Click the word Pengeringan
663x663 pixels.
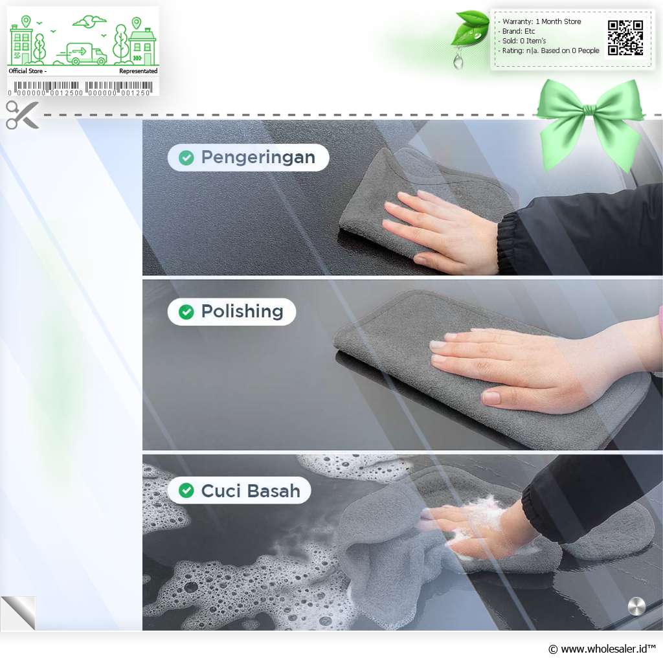tap(258, 158)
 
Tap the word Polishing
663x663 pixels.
tap(242, 311)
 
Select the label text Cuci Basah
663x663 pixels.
tap(251, 491)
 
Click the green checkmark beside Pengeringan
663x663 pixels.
tap(186, 158)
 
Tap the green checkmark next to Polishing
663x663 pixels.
tap(186, 312)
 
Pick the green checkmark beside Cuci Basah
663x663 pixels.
tap(186, 491)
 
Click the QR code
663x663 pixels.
tap(625, 38)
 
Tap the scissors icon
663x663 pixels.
tap(22, 115)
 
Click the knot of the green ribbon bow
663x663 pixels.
tap(589, 111)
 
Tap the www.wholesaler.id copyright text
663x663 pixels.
tap(601, 649)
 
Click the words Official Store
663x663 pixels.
tap(26, 71)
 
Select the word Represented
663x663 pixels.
tap(139, 71)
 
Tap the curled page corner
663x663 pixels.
tap(19, 612)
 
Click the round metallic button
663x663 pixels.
tap(636, 606)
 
